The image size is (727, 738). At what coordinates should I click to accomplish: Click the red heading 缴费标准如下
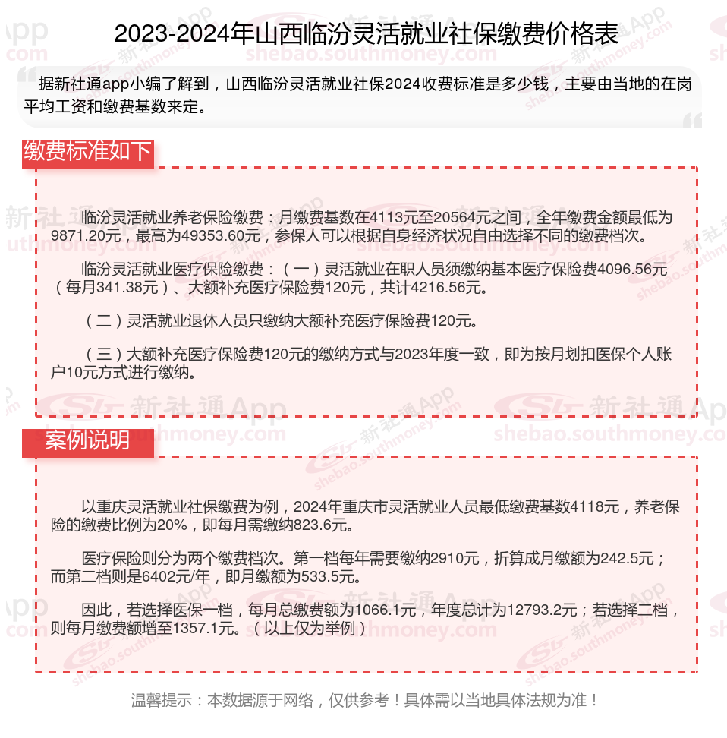(87, 152)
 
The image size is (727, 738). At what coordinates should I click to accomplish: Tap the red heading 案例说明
(87, 440)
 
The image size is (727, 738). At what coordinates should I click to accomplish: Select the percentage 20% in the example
(172, 525)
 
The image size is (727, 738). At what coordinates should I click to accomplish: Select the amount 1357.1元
(207, 629)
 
